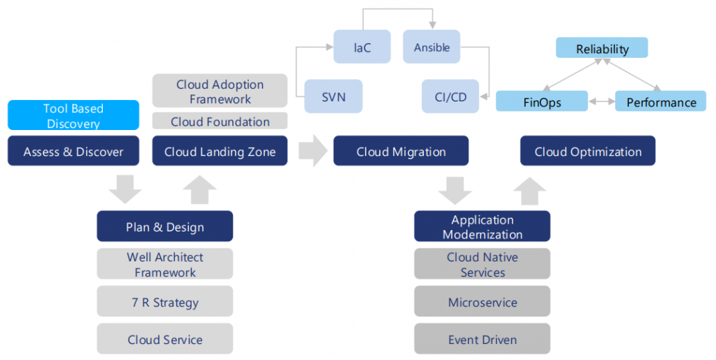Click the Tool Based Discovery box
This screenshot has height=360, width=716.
click(x=74, y=116)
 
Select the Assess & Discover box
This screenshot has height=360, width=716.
click(x=74, y=151)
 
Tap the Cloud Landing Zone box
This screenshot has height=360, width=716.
click(x=220, y=151)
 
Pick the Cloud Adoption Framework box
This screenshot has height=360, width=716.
click(x=220, y=92)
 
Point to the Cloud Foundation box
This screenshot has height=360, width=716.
click(x=220, y=122)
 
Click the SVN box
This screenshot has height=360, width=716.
click(x=334, y=97)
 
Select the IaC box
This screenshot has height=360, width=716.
click(x=361, y=47)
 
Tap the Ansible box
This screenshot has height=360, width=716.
click(x=431, y=47)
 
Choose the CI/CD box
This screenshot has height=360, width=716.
click(x=450, y=97)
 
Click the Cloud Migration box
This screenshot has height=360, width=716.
click(x=401, y=151)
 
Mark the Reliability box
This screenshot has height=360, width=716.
click(x=602, y=48)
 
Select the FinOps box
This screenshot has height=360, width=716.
click(x=542, y=102)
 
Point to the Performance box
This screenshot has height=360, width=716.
click(x=661, y=102)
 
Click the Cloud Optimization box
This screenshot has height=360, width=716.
click(x=587, y=151)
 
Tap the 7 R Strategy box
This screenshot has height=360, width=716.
click(x=165, y=303)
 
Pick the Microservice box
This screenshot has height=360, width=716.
click(x=482, y=303)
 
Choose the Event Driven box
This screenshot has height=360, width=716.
click(x=482, y=340)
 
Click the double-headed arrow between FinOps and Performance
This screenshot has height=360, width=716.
click(x=602, y=102)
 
